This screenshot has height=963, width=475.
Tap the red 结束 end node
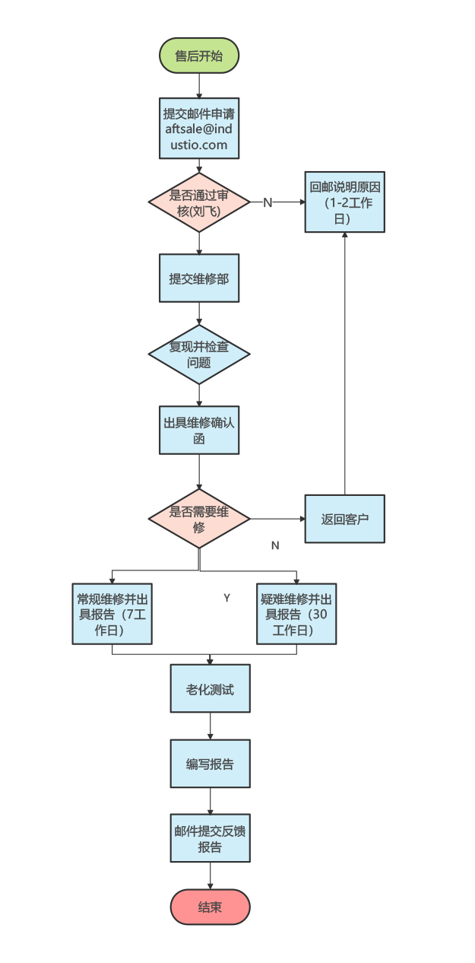[210, 907]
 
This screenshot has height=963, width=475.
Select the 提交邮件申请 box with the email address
[199, 129]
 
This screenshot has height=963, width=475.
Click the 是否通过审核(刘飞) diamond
[199, 202]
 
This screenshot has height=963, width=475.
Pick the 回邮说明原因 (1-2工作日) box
[344, 202]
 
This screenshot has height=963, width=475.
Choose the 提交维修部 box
[199, 278]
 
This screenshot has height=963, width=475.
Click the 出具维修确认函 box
[199, 431]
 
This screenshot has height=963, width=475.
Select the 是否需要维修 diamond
[199, 520]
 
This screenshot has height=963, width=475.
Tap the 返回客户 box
[344, 520]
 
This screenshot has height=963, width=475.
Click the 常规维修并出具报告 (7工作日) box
[112, 614]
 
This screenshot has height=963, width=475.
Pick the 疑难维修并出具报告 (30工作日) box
[296, 614]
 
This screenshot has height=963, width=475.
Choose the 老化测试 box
[210, 689]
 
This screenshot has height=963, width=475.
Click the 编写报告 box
[210, 764]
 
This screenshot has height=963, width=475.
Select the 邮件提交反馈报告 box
[210, 838]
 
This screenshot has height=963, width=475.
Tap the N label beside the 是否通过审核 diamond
[268, 202]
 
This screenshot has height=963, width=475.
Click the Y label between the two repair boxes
[226, 598]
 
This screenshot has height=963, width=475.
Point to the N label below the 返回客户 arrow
[275, 545]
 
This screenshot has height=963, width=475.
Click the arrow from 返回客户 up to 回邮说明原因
[345, 365]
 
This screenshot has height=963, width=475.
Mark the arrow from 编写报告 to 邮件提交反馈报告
[210, 801]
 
